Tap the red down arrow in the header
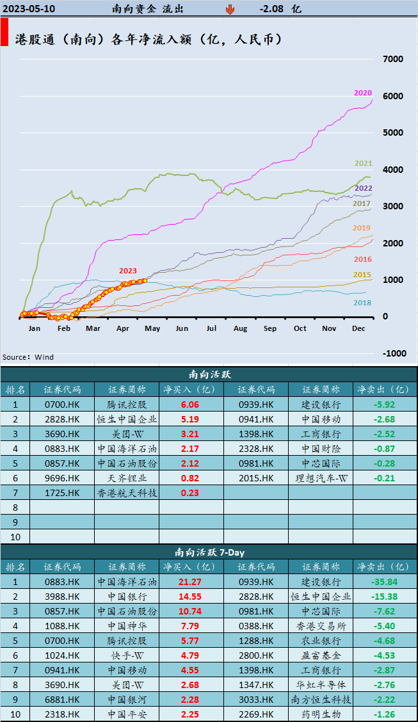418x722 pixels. [x=230, y=10]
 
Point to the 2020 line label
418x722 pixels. [x=362, y=93]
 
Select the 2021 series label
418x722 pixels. [x=364, y=164]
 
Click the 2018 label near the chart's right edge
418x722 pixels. [x=363, y=303]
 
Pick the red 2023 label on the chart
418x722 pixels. [x=127, y=271]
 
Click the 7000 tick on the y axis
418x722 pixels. [x=392, y=60]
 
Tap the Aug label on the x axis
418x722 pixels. [x=240, y=328]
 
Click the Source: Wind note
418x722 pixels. [x=28, y=357]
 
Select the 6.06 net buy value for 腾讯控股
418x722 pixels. [x=189, y=405]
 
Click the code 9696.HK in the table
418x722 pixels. [x=62, y=478]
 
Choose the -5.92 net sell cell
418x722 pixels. [x=385, y=405]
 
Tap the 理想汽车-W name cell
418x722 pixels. [x=320, y=478]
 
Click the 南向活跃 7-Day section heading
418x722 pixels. [x=209, y=552]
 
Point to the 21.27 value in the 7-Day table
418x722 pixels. [x=191, y=582]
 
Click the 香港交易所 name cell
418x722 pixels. [x=320, y=626]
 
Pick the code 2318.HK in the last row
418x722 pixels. [x=62, y=714]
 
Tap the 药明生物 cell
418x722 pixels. [x=320, y=714]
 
